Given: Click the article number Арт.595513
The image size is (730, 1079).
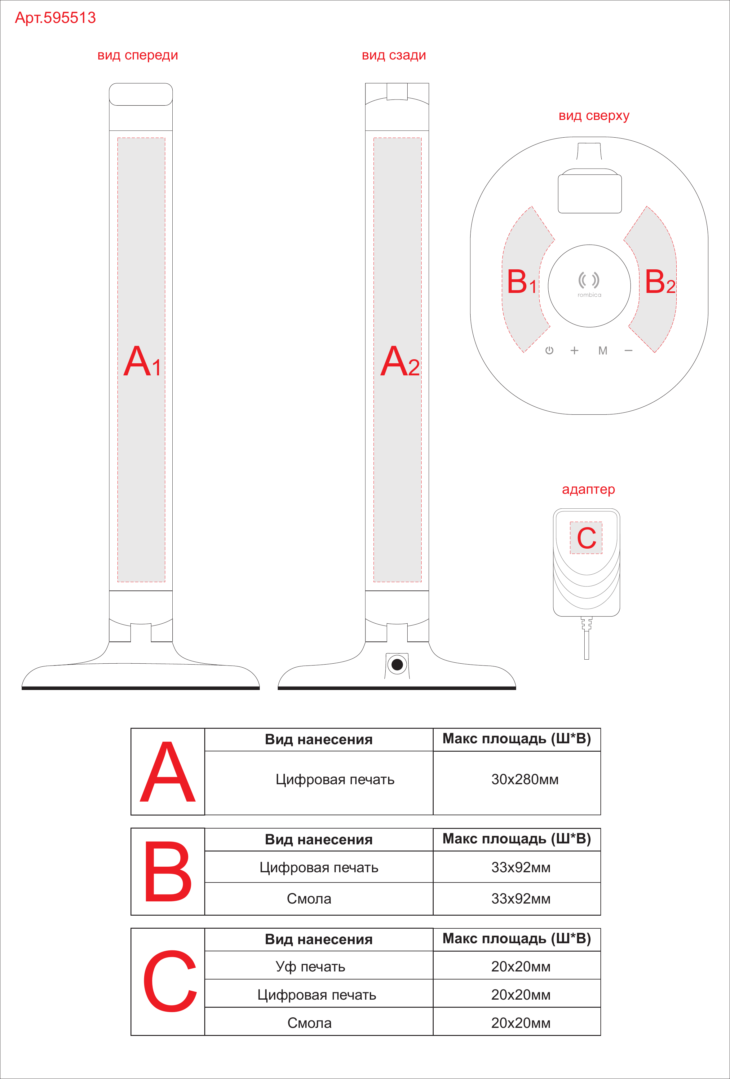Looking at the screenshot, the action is click(55, 18).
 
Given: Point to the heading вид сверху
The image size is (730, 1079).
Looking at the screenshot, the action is click(594, 116).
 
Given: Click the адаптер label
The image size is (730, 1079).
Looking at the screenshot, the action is click(588, 489).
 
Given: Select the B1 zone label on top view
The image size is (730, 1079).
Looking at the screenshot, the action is click(521, 281).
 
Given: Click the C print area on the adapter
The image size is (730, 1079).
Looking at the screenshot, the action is click(586, 538).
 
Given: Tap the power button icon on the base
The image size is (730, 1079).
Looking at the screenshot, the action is click(549, 351).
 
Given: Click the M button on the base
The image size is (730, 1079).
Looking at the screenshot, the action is click(603, 351).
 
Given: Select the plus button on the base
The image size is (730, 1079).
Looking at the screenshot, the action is click(574, 351).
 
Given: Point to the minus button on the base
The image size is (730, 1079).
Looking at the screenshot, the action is click(629, 351).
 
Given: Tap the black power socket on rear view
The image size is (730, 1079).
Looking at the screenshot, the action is click(397, 664).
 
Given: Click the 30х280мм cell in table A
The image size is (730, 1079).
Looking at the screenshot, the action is click(525, 779).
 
